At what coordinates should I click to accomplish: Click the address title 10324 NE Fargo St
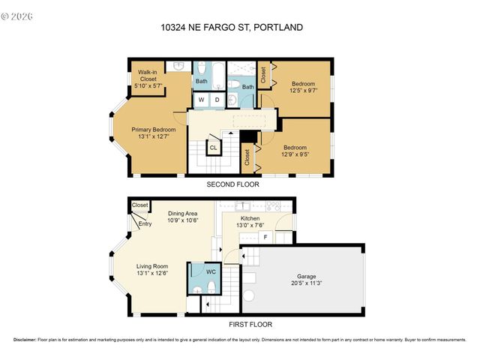232,28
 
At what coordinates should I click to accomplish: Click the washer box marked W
201,99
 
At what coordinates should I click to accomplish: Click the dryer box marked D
217,99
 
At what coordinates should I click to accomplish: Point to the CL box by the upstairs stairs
213,148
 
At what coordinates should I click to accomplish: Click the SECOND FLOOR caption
233,184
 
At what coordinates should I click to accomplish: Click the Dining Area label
181,213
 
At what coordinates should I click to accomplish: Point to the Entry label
145,223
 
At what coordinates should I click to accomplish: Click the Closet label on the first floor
139,205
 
